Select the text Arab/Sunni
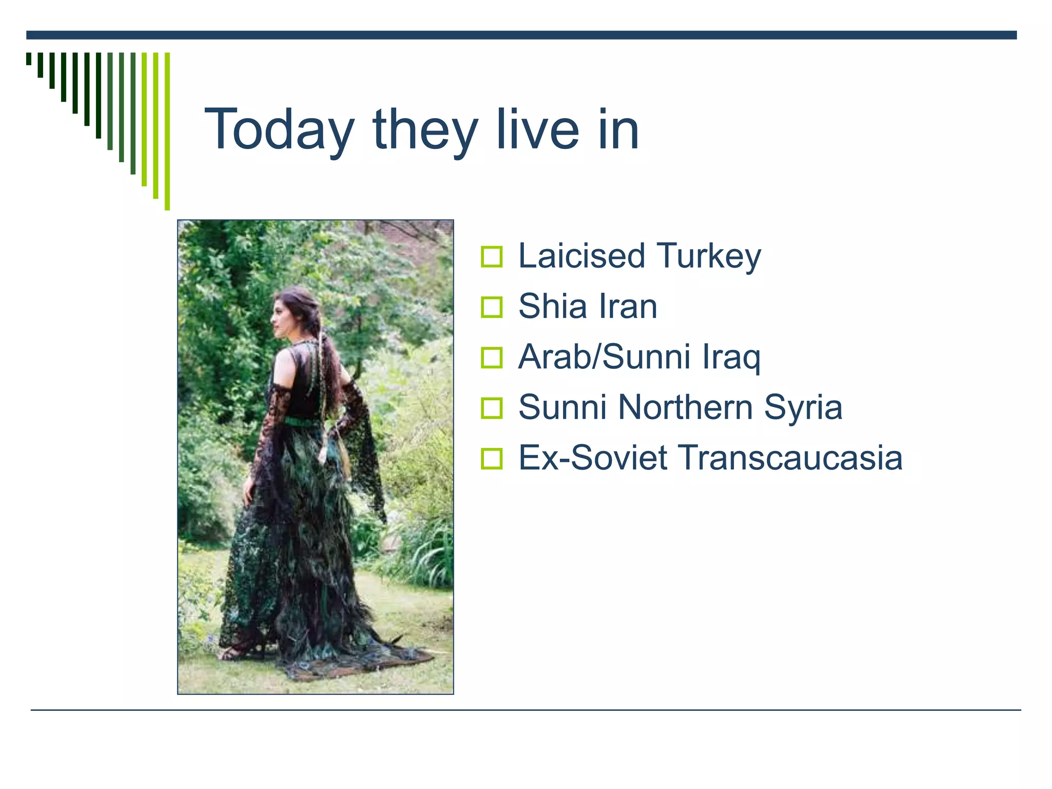[604, 356]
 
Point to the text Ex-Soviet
[593, 457]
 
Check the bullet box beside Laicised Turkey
[492, 257]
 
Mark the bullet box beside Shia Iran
[492, 307]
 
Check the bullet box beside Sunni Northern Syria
[492, 408]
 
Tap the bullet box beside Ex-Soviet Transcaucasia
[492, 458]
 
